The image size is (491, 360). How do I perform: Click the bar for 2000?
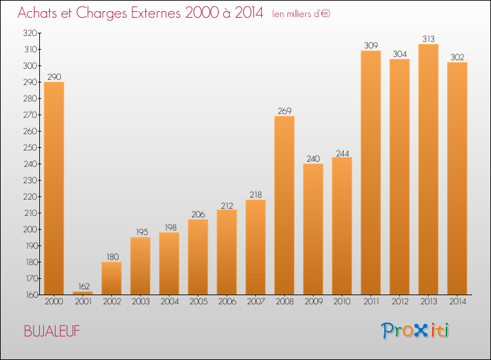tap(54, 188)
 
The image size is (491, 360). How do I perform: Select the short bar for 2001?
tap(82, 293)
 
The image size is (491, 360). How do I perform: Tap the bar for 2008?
tap(284, 206)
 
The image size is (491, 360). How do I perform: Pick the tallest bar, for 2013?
tap(428, 170)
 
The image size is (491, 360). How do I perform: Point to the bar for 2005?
tap(198, 257)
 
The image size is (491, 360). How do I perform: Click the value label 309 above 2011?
tap(371, 45)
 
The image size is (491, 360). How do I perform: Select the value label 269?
tap(285, 111)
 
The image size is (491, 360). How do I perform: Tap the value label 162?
tap(84, 286)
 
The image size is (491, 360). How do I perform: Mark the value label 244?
tap(342, 153)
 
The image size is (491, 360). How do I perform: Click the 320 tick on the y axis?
tap(30, 33)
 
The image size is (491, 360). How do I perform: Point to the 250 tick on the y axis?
tap(30, 147)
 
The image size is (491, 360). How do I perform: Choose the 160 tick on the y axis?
tap(31, 295)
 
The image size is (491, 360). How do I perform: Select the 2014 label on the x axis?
tap(458, 302)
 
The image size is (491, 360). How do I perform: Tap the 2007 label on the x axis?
tap(256, 302)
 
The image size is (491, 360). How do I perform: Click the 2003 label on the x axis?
tap(141, 302)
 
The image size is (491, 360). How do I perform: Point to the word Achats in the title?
tap(37, 12)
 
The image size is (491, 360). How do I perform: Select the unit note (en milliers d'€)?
tap(301, 14)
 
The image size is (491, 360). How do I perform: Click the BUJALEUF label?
tap(52, 331)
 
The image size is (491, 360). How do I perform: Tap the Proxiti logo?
tap(414, 331)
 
